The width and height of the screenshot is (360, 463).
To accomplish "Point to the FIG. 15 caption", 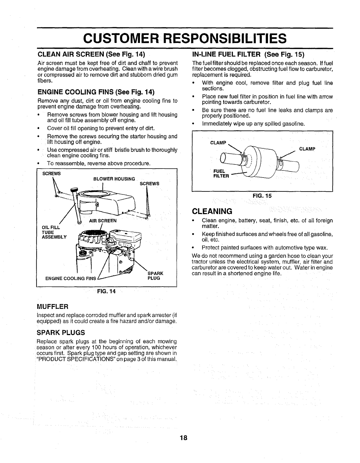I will [262, 196].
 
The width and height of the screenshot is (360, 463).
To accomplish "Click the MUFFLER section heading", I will [53, 306].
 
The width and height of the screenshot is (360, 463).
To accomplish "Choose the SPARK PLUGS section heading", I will [61, 332].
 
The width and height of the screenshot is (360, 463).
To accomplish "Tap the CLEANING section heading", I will [212, 210].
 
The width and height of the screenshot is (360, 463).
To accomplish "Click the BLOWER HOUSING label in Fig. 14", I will [114, 179].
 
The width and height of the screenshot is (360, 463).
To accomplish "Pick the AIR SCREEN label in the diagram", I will [103, 220].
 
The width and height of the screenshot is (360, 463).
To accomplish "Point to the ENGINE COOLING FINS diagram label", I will [71, 278].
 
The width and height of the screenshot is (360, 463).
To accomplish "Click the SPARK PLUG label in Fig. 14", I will [155, 276].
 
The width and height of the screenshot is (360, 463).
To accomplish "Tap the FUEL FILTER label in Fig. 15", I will [221, 173].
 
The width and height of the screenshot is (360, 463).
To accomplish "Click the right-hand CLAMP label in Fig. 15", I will [307, 149].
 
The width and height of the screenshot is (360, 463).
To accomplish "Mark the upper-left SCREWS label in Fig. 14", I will [52, 173].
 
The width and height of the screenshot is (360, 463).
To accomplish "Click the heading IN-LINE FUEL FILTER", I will [248, 55].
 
